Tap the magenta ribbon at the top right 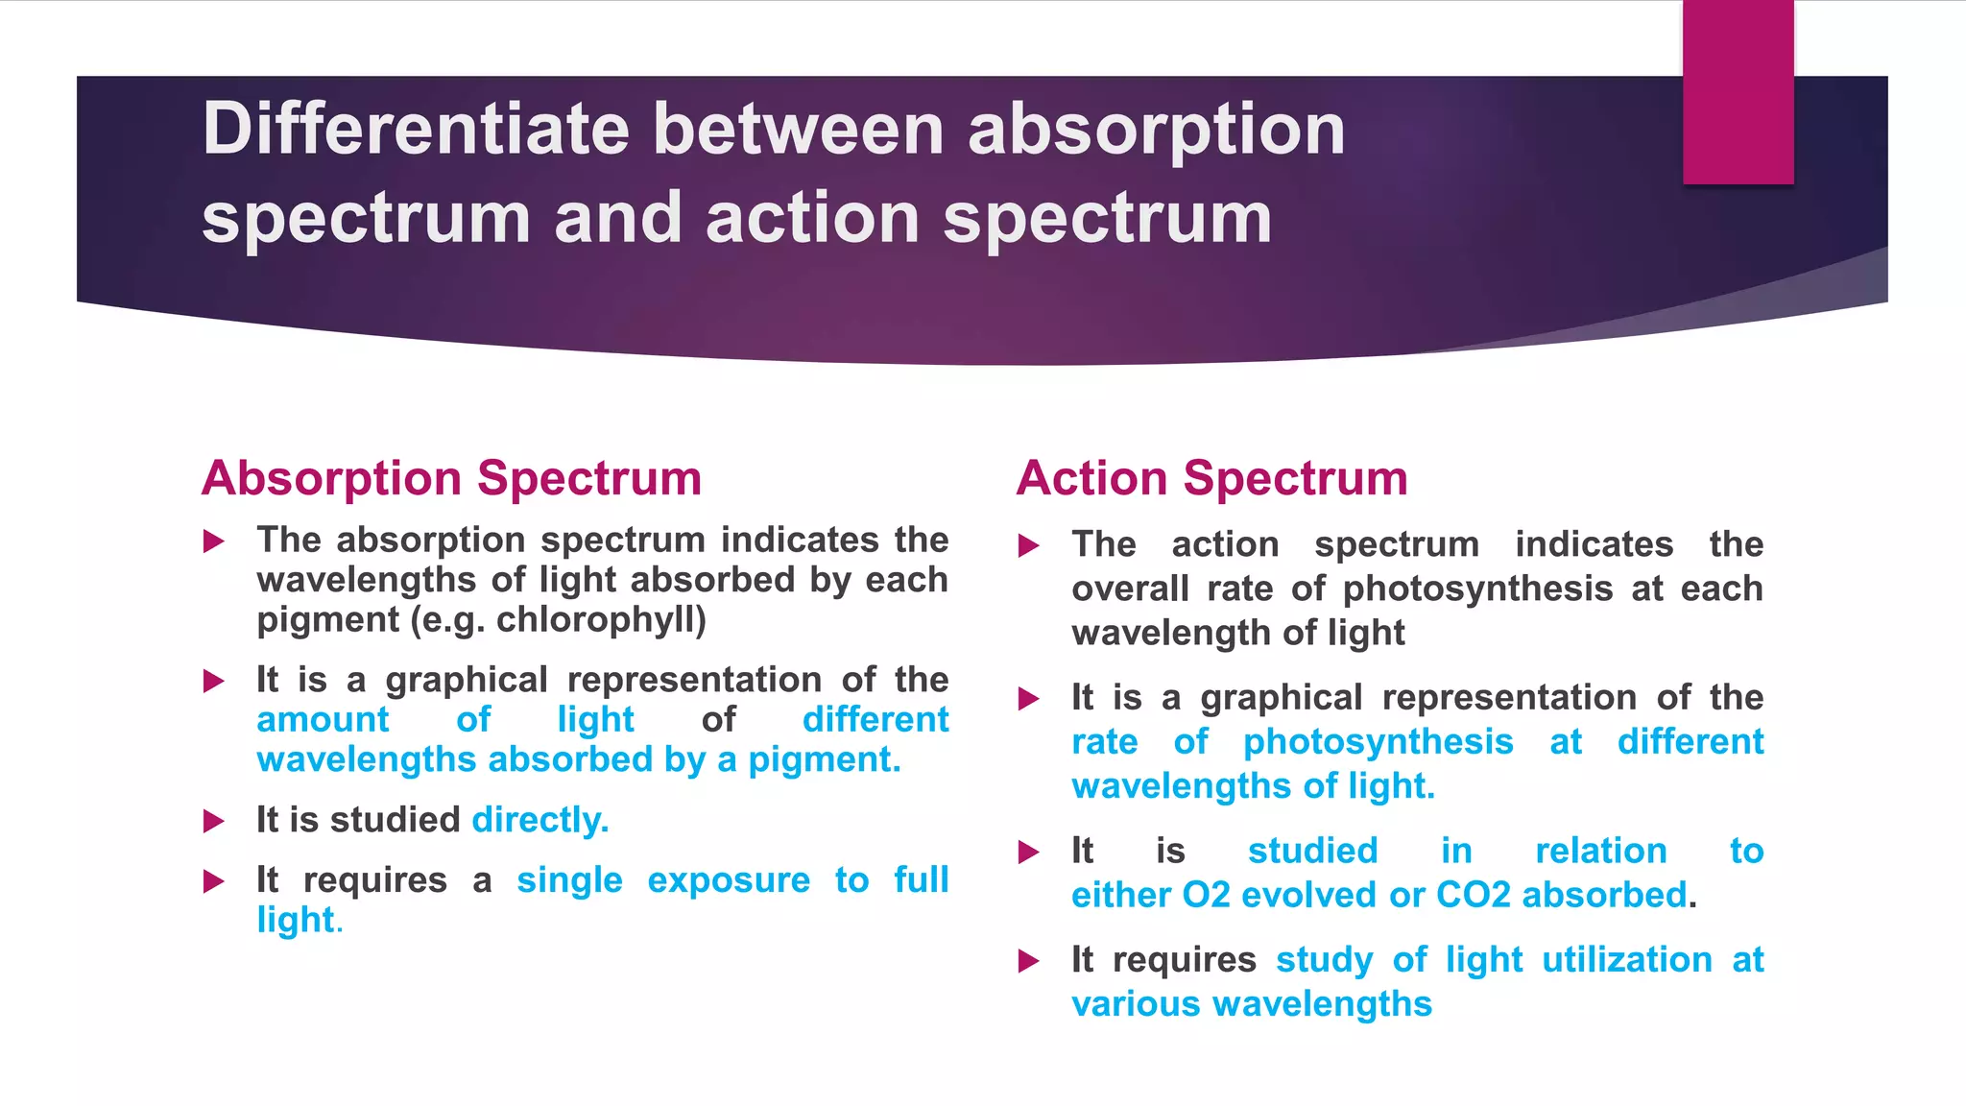click(x=1738, y=91)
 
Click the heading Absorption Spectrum click(x=451, y=478)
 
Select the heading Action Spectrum click(x=1211, y=478)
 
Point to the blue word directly click(x=539, y=820)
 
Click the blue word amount click(x=323, y=719)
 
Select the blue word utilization click(x=1626, y=959)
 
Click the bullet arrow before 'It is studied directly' click(x=214, y=821)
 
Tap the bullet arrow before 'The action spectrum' click(x=1028, y=546)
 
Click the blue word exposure click(x=729, y=879)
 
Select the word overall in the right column click(x=1130, y=589)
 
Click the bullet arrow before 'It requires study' click(x=1028, y=960)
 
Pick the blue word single click(x=569, y=879)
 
